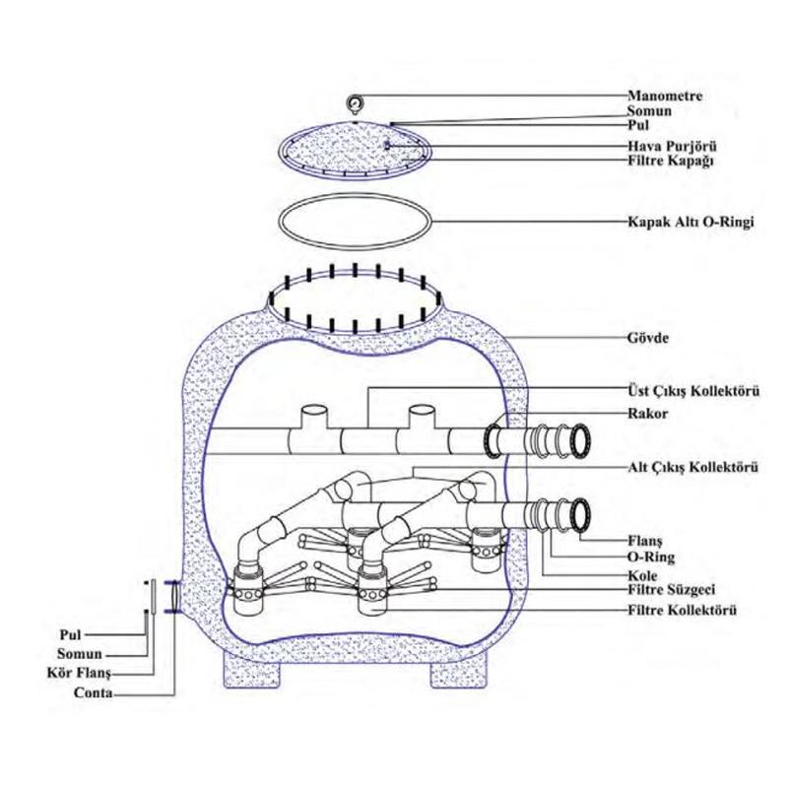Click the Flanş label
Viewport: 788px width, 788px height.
click(648, 540)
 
